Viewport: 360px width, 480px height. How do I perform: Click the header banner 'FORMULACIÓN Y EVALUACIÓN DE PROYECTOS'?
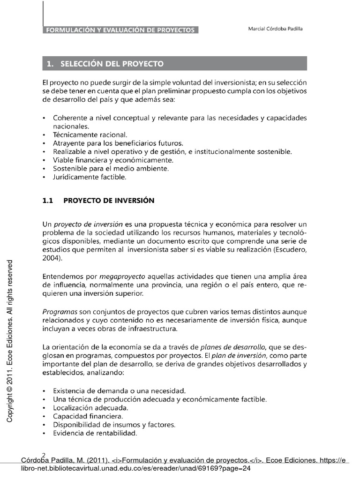point(120,30)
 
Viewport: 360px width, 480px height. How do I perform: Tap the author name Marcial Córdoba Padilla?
point(275,29)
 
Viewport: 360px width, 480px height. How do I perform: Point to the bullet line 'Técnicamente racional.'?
point(90,135)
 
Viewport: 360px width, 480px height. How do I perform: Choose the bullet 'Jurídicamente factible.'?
point(90,177)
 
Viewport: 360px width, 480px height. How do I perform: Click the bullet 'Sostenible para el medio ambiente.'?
point(111,168)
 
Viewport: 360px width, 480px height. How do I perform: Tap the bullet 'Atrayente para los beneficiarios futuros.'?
point(118,143)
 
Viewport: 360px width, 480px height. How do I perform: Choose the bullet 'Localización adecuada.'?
point(90,408)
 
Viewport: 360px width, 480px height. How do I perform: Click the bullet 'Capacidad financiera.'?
point(88,416)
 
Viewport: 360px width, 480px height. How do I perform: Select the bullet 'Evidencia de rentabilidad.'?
point(95,434)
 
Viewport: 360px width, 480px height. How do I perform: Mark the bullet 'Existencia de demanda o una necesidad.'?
point(120,390)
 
